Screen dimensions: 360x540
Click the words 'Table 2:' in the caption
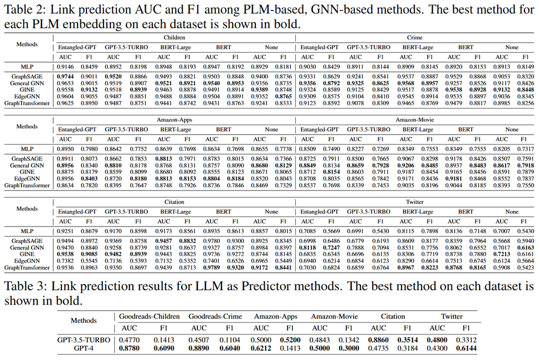coord(22,9)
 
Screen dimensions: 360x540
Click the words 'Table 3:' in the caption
coord(22,287)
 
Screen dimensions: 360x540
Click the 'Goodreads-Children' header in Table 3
coord(149,316)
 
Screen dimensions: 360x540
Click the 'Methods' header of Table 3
coord(84,320)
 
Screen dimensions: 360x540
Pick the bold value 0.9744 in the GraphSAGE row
coord(66,77)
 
